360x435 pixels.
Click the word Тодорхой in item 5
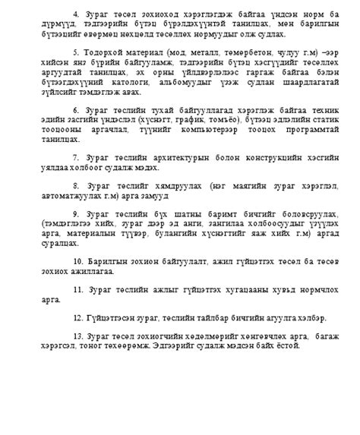tap(99, 52)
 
